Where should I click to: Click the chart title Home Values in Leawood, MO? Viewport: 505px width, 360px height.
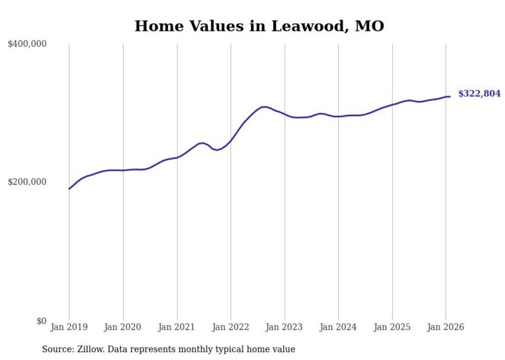(x=259, y=26)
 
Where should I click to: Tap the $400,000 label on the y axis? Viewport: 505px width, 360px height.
(x=27, y=44)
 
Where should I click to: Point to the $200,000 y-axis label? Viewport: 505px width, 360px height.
(x=27, y=182)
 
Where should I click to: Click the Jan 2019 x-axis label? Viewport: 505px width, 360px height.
(x=69, y=327)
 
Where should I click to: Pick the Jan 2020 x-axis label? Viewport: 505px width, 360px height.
(x=123, y=327)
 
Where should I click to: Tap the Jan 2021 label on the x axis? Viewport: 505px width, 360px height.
(x=177, y=327)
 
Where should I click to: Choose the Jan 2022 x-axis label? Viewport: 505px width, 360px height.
(x=230, y=327)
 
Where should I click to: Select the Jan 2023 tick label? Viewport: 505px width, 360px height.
(x=284, y=327)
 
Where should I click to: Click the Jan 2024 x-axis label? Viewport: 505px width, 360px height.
(x=338, y=327)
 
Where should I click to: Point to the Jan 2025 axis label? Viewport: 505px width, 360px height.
(x=392, y=327)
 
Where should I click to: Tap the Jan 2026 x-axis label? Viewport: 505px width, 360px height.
(x=446, y=327)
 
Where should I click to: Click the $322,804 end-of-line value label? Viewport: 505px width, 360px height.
(x=479, y=94)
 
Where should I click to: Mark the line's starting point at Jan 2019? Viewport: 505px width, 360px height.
(x=69, y=188)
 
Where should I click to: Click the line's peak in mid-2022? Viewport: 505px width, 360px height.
(x=264, y=107)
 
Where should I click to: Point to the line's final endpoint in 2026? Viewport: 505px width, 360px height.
(x=450, y=96)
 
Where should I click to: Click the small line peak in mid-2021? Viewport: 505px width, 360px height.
(x=203, y=143)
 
